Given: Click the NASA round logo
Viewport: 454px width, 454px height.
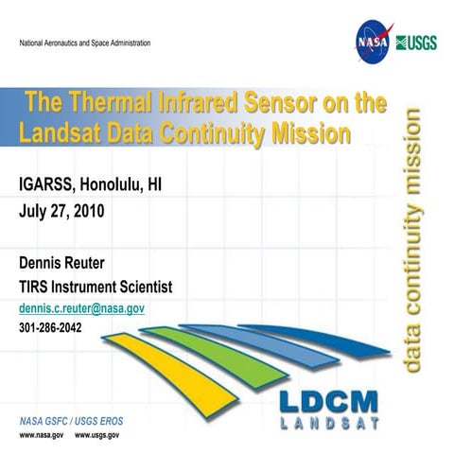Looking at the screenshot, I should coord(370,43).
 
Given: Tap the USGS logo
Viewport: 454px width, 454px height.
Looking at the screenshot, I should coord(415,43).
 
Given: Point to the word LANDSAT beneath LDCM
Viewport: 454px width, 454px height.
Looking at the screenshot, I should coord(323,423).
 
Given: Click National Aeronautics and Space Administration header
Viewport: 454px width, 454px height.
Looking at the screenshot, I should coord(86,44).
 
